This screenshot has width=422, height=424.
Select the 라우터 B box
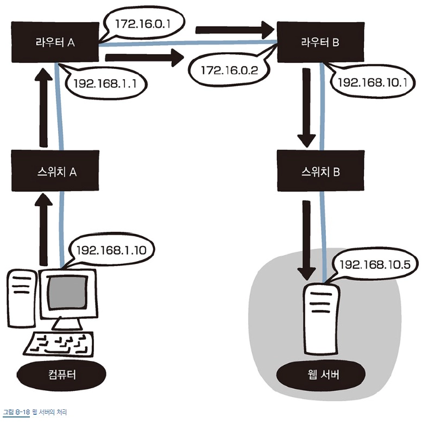(x=320, y=42)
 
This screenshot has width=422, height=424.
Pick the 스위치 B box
(x=320, y=172)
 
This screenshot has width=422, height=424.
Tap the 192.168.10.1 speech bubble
(x=372, y=83)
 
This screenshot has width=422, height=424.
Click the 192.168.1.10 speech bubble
(x=111, y=250)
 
